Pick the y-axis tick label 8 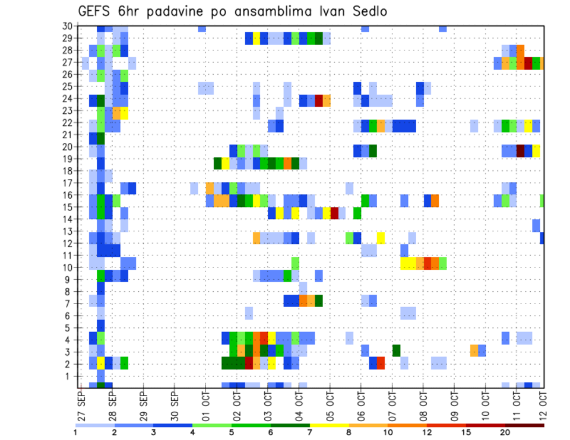(69, 292)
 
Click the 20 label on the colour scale (505, 432)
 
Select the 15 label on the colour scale (467, 432)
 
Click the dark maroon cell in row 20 (521, 151)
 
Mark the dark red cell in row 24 (319, 100)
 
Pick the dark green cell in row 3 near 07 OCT (396, 350)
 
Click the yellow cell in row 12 (381, 238)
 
